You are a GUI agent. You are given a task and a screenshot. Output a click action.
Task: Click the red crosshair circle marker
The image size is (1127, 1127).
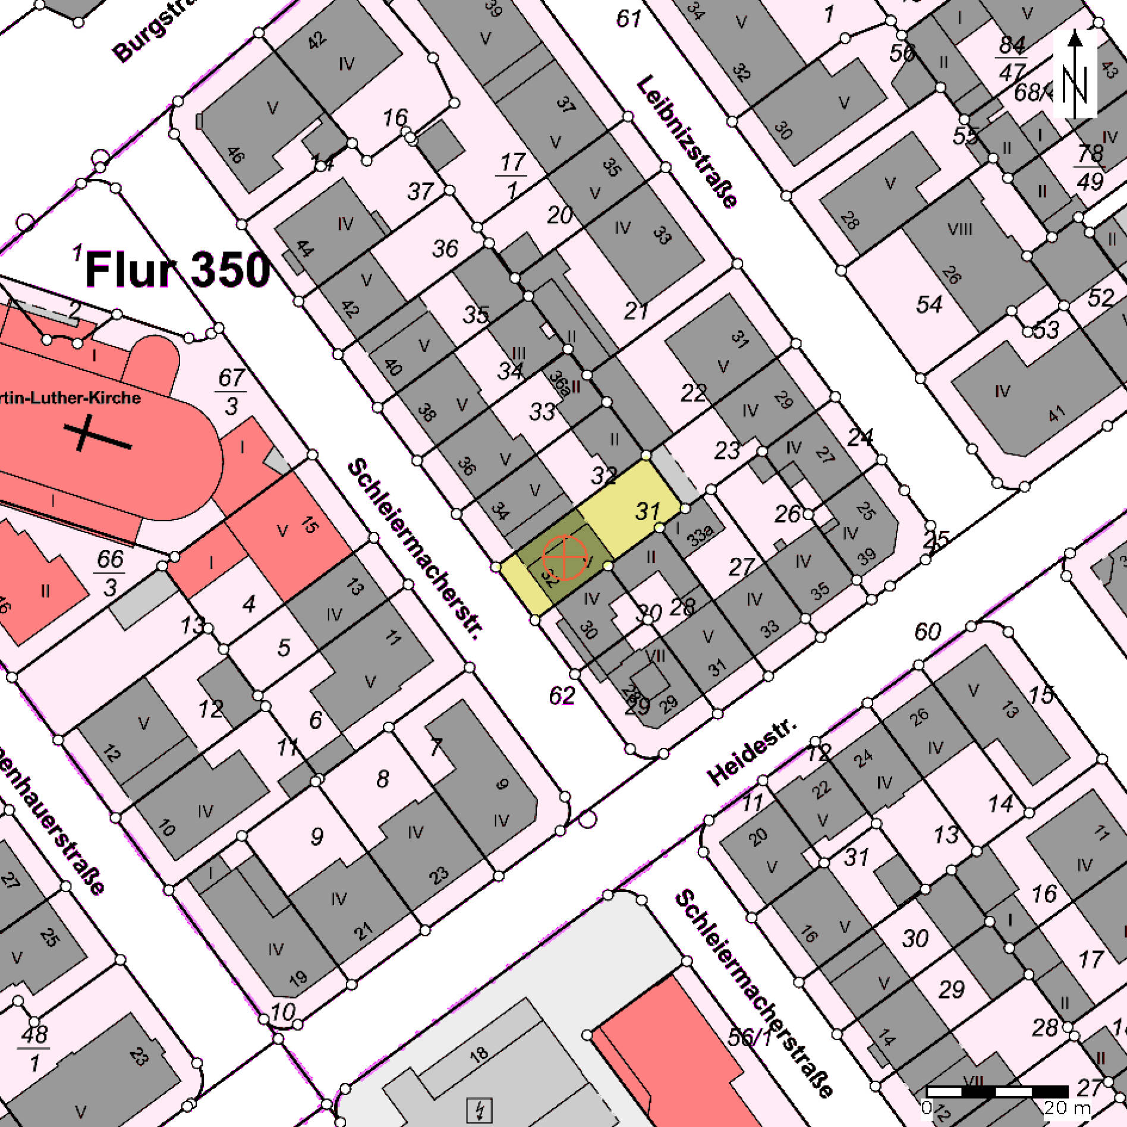pyautogui.click(x=564, y=558)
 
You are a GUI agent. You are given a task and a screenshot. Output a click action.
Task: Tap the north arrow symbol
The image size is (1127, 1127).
pyautogui.click(x=1075, y=74)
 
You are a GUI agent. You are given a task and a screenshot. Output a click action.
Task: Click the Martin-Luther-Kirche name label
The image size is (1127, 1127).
pyautogui.click(x=70, y=398)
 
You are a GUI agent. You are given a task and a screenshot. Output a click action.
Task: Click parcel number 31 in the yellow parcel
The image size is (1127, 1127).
pyautogui.click(x=647, y=511)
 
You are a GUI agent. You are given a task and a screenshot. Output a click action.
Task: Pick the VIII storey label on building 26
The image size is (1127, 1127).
pyautogui.click(x=959, y=229)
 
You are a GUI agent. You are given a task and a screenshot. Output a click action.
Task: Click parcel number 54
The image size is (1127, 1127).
pyautogui.click(x=929, y=305)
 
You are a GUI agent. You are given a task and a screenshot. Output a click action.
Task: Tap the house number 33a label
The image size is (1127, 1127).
pyautogui.click(x=700, y=536)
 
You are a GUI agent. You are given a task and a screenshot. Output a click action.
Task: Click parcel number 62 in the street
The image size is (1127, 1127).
pyautogui.click(x=562, y=695)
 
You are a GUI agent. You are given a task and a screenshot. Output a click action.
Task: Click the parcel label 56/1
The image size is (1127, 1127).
pyautogui.click(x=750, y=1037)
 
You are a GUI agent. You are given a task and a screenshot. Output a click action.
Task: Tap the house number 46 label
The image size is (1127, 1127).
pyautogui.click(x=235, y=155)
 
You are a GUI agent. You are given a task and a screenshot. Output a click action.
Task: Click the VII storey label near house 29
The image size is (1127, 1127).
pyautogui.click(x=654, y=656)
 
